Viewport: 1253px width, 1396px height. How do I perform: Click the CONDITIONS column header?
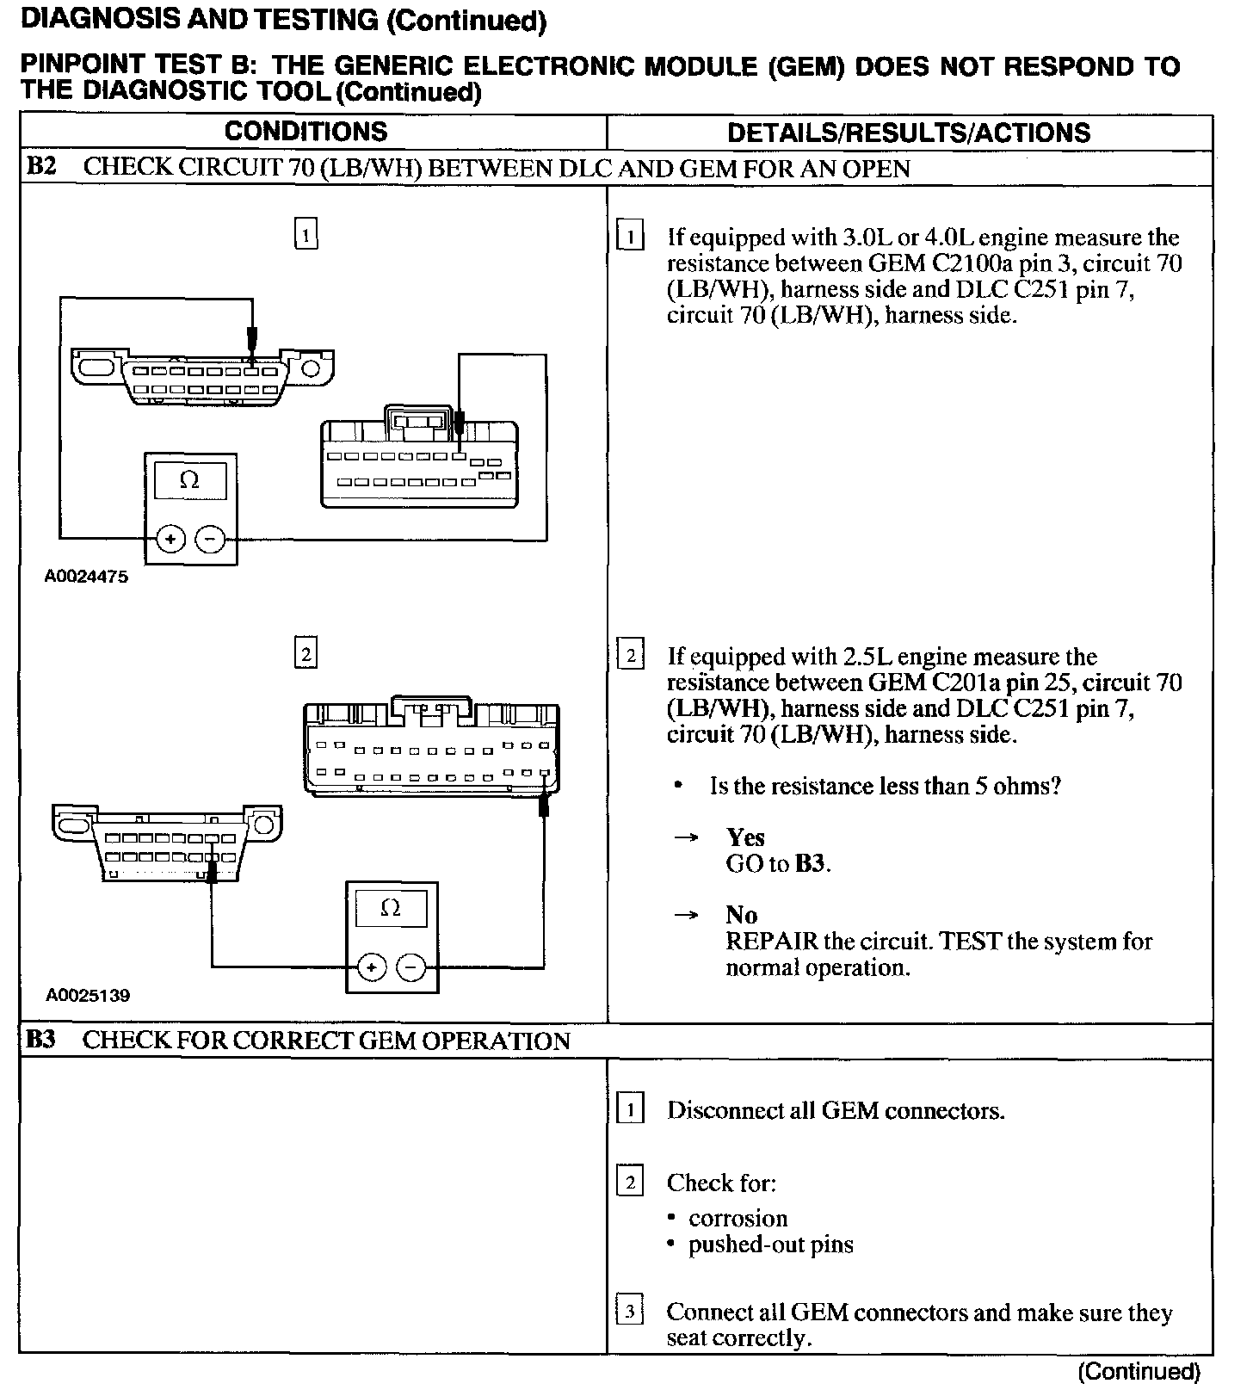[x=306, y=132]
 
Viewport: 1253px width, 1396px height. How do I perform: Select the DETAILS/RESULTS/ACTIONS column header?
[x=909, y=133]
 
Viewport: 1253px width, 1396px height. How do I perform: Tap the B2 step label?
[x=41, y=166]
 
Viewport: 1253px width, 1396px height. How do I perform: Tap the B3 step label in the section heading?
[x=40, y=1040]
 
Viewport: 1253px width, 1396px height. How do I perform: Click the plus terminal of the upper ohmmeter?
[x=170, y=540]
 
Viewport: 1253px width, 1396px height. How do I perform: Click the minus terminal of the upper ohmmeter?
[x=210, y=540]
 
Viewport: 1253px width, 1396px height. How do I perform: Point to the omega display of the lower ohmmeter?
[x=391, y=908]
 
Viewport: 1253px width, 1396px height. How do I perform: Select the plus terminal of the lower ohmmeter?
[x=371, y=967]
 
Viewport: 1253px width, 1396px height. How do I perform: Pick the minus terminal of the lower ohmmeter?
[x=411, y=967]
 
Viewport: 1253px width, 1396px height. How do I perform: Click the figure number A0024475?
[x=86, y=578]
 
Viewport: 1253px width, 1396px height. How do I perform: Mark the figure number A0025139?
[x=87, y=996]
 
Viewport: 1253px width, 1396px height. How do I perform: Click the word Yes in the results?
[x=744, y=837]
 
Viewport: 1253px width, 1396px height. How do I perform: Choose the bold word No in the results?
[x=741, y=915]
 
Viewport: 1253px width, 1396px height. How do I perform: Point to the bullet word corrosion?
[x=738, y=1219]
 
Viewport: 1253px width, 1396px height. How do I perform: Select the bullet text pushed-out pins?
[x=770, y=1245]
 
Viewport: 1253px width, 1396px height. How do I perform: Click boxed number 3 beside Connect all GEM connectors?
[x=630, y=1312]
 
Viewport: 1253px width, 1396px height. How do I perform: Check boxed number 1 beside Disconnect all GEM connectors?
[x=630, y=1110]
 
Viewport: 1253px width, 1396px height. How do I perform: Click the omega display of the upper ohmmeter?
[x=189, y=480]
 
